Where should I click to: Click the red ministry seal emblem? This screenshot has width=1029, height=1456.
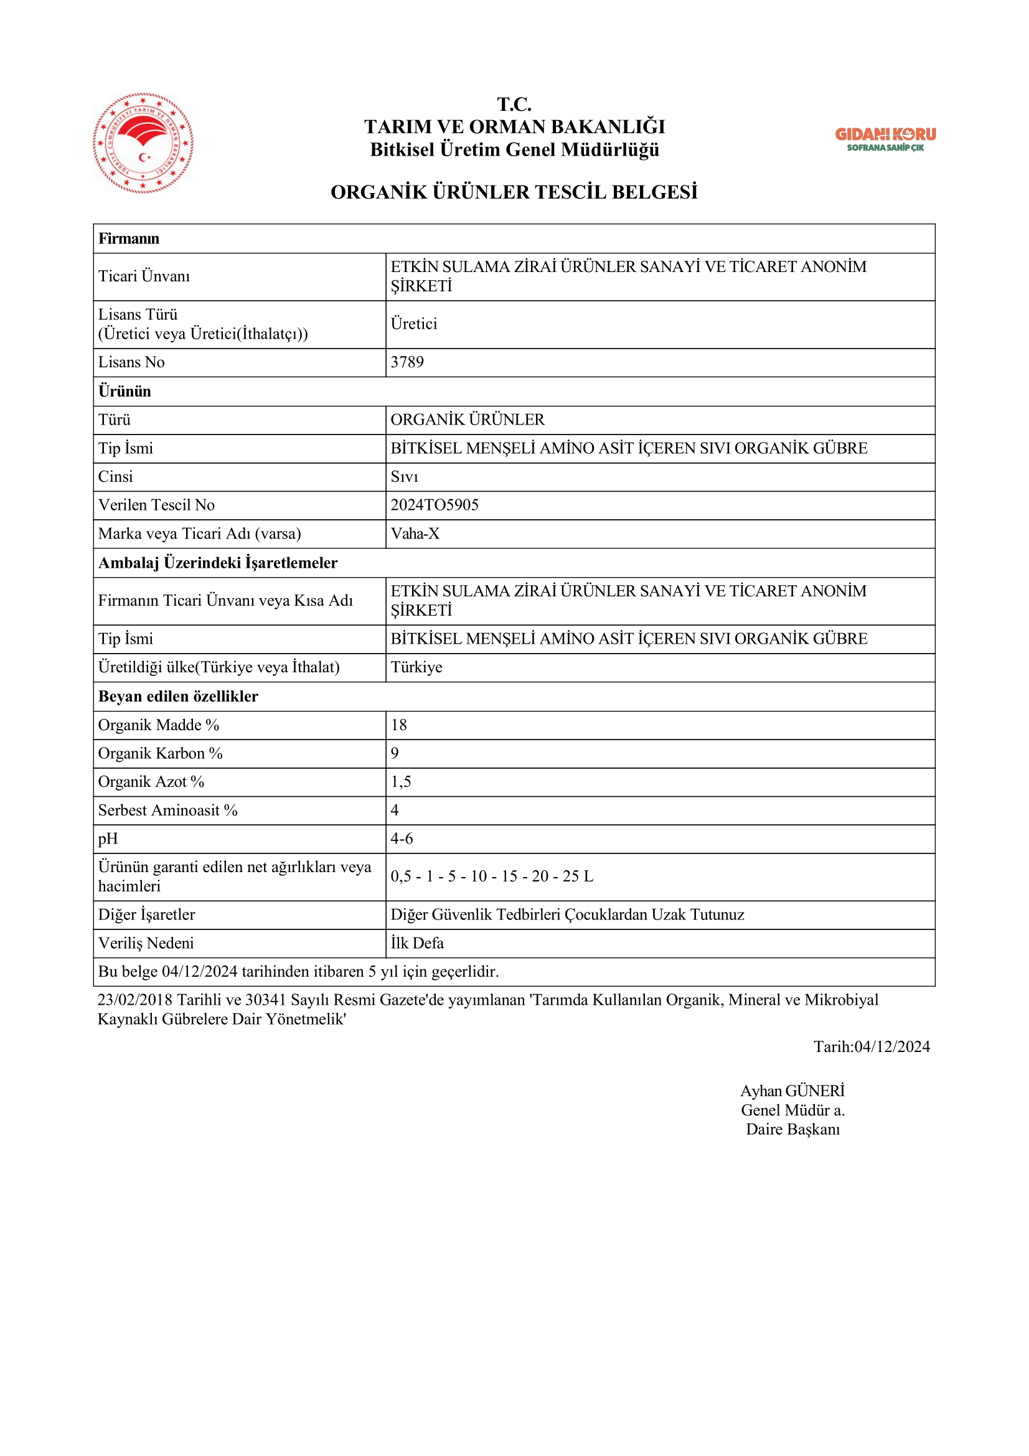pos(143,143)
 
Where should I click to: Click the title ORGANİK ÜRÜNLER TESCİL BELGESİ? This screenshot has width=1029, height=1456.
pos(514,192)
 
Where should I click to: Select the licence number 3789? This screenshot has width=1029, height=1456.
pos(407,362)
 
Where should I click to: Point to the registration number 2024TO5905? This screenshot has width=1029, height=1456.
pos(435,505)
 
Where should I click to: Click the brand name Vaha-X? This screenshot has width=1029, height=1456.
pos(415,533)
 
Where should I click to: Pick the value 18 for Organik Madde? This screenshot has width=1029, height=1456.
pos(399,725)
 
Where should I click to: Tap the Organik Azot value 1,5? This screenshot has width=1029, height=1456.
pos(401,782)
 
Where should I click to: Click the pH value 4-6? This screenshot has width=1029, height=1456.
pos(402,838)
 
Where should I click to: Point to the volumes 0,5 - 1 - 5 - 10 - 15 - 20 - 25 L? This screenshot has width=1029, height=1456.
pos(492,876)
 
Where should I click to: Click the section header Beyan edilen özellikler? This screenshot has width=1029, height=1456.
pos(178,697)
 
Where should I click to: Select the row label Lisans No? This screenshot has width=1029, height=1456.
pos(131,362)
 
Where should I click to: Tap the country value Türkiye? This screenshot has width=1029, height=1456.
pos(416,667)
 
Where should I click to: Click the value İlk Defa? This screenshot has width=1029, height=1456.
pos(417,943)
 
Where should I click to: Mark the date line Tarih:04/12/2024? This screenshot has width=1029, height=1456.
pos(872,1046)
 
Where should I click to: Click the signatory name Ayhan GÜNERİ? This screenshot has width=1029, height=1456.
pos(792,1091)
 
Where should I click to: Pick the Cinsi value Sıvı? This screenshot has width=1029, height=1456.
pos(405,477)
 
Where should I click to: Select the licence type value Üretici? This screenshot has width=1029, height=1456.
pos(414,324)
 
